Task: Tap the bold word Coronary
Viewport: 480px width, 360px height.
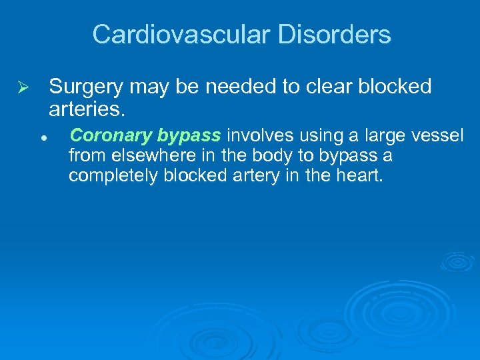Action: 111,136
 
